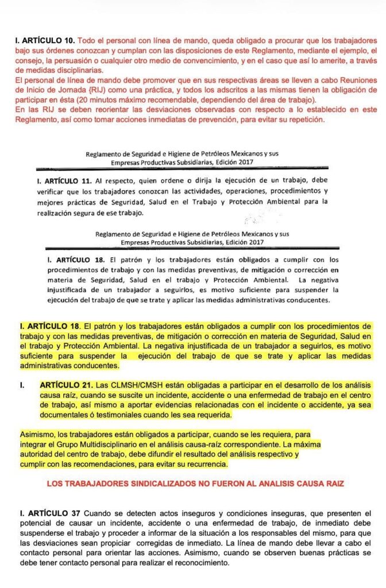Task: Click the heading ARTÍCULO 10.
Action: [x=48, y=41]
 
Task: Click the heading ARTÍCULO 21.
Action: [x=65, y=384]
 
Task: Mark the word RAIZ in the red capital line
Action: [x=332, y=484]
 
